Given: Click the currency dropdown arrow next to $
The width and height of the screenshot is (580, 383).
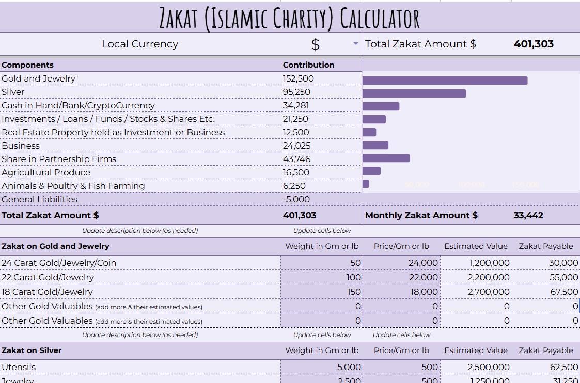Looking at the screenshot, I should point(356,44).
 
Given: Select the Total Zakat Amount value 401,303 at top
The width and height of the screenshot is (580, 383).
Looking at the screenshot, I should point(534,44).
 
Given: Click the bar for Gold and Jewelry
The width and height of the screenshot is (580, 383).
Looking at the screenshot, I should point(445,81).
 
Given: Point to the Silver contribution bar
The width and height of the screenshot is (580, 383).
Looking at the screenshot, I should point(414,93).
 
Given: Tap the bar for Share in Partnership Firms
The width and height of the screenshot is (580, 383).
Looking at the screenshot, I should point(386,158).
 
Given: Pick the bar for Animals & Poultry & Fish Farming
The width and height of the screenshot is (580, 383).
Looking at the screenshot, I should point(366,184).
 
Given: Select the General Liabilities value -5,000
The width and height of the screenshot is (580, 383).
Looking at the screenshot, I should point(296,199).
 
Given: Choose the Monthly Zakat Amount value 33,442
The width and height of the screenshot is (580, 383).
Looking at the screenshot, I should point(528,215).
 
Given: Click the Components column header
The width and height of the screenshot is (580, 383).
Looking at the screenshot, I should point(28,65).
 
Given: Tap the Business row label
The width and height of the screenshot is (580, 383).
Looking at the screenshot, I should point(21,146).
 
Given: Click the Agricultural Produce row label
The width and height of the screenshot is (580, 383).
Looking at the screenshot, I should point(46,172).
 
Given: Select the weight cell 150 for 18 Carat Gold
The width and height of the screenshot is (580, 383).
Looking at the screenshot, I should point(354,292).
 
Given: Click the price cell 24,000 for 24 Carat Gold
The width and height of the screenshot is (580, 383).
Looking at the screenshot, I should point(423,263).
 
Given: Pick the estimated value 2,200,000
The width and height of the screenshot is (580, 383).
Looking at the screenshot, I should point(489,277).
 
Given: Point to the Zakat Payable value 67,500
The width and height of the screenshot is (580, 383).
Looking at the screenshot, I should point(564,292).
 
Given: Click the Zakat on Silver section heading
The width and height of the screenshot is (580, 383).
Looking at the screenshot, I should point(32,350).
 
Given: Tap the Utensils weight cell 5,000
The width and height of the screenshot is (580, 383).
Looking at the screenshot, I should point(349,367).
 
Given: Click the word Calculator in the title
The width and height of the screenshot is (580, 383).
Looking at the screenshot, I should point(380,18).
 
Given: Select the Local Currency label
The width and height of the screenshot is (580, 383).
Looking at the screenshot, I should point(140,44).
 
